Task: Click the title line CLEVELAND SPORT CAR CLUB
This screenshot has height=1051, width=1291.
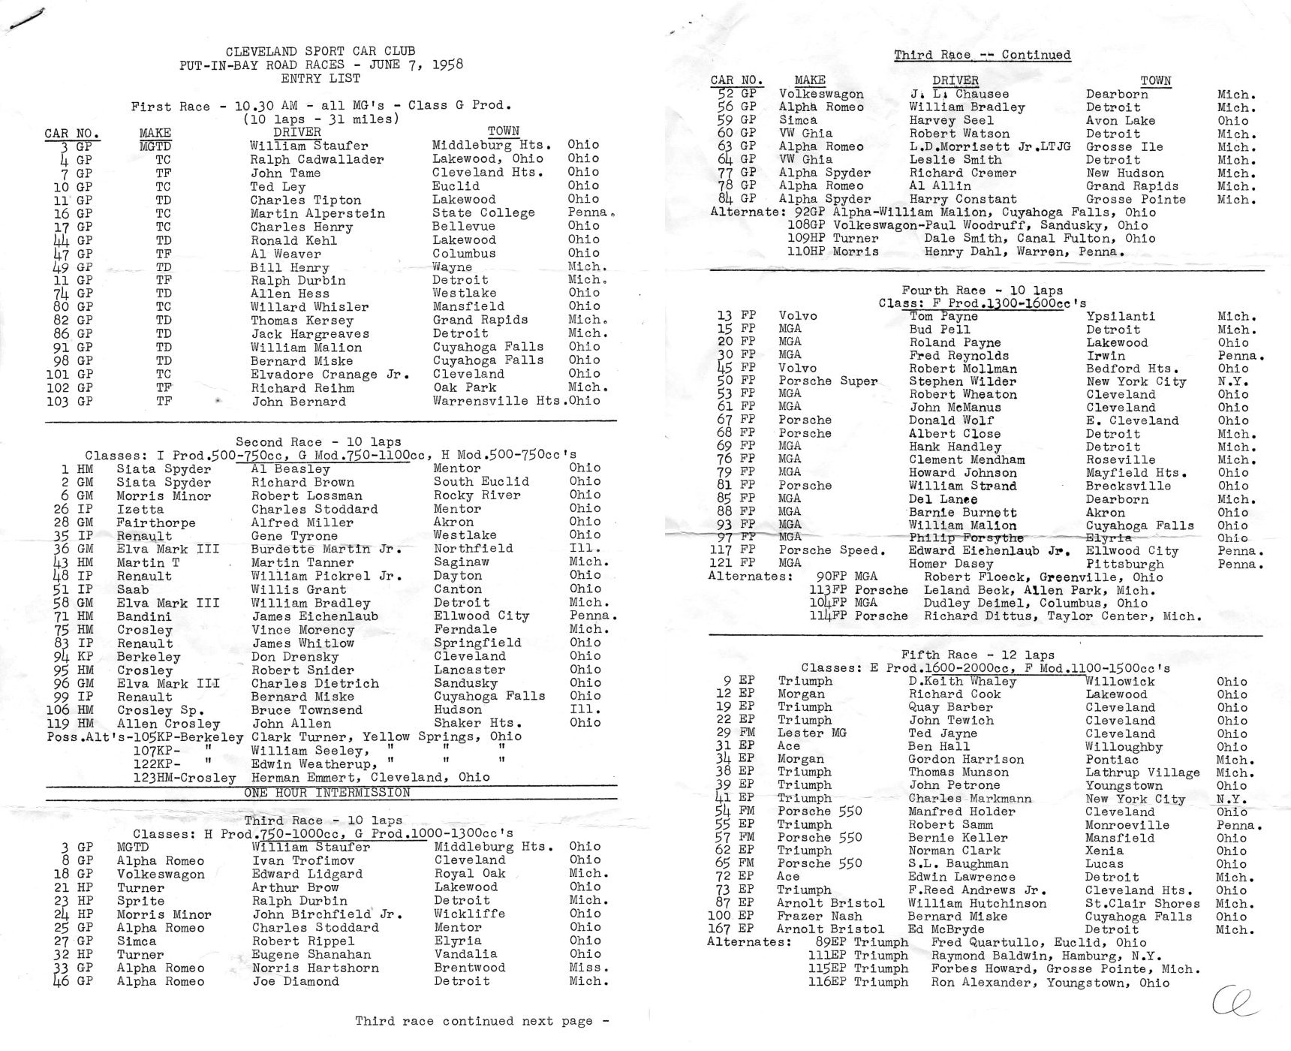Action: click(x=320, y=51)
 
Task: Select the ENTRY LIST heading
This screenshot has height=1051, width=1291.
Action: click(x=320, y=78)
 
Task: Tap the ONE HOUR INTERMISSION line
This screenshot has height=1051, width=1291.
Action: click(x=327, y=793)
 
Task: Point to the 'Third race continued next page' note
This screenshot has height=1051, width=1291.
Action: click(x=481, y=1021)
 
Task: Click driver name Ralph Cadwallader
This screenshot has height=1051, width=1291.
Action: click(x=317, y=159)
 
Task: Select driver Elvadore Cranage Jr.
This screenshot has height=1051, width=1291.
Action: click(x=330, y=375)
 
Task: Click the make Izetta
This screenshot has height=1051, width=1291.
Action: click(x=140, y=509)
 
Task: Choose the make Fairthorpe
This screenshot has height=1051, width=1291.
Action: click(x=155, y=522)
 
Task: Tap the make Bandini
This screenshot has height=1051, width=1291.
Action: click(x=143, y=616)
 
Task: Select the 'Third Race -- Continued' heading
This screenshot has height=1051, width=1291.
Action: click(x=982, y=55)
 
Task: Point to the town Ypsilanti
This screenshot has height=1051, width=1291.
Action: click(x=1120, y=317)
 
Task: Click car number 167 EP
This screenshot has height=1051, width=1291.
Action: click(x=731, y=929)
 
